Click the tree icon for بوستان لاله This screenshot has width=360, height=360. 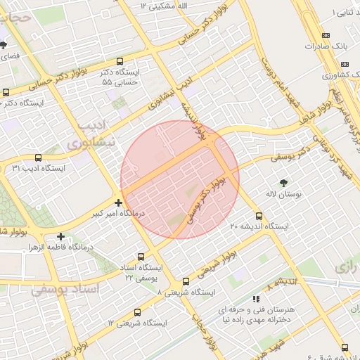283,181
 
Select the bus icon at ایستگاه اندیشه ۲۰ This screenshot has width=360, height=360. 259,216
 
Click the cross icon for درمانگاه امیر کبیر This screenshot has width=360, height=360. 118,202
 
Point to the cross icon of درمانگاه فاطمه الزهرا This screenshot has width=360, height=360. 61,237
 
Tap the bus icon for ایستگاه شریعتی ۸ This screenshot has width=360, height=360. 186,281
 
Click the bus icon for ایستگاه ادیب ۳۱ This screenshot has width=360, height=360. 38,158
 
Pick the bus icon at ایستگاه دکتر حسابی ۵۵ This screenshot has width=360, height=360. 120,61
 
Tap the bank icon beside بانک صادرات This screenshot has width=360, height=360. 325,35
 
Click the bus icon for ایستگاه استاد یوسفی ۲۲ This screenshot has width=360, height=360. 141,257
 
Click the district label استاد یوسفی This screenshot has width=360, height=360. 67,288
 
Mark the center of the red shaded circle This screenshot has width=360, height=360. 180,179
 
